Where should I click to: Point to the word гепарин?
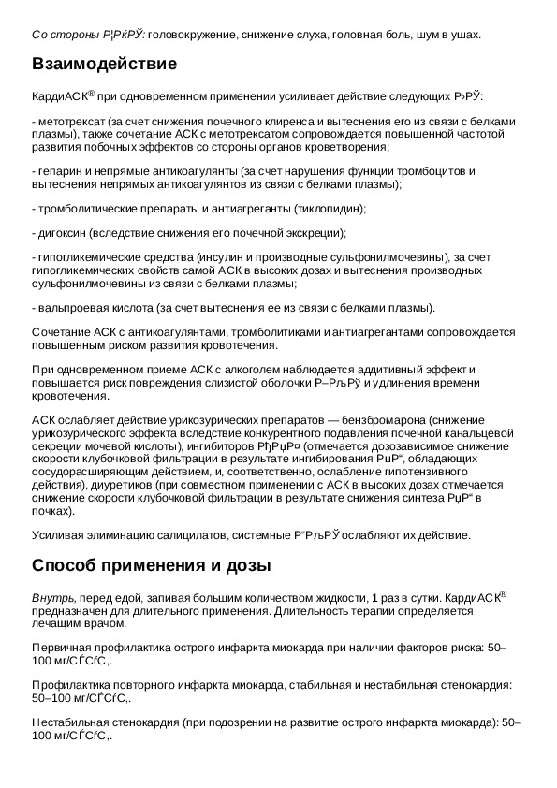click(x=57, y=171)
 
